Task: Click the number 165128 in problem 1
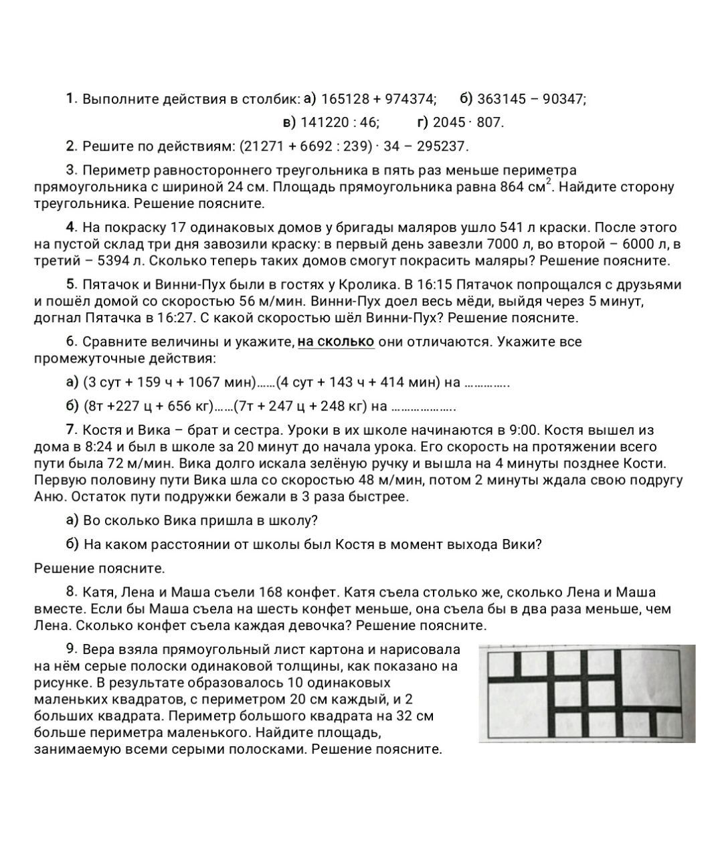tap(345, 99)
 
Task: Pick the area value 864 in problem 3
tap(512, 187)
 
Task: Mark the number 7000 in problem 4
tap(503, 244)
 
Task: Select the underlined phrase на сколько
tap(336, 342)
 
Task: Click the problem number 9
tap(72, 649)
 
